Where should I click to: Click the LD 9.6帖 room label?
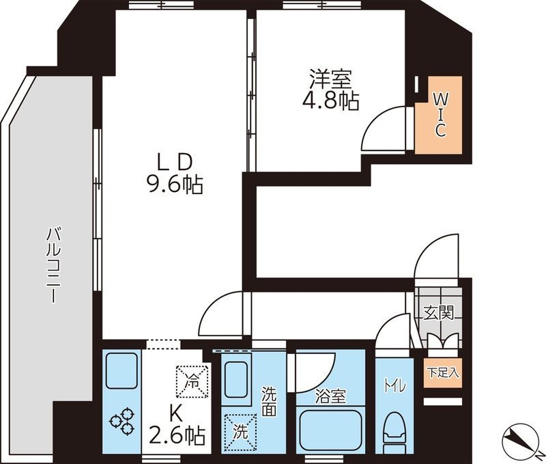[175, 174]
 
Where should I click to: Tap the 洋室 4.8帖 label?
[330, 90]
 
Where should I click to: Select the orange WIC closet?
[439, 115]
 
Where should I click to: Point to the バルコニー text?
[53, 265]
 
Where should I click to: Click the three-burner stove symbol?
[122, 420]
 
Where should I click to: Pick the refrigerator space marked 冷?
[192, 381]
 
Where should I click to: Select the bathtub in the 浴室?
[330, 430]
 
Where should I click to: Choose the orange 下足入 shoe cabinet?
[443, 372]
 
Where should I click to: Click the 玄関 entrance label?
[439, 313]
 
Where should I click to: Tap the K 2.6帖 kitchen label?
[177, 426]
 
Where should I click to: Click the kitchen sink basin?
[121, 370]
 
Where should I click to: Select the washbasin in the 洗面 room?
[236, 380]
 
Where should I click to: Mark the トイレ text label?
[394, 386]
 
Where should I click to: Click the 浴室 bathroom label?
[330, 396]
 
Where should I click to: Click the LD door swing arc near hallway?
[213, 307]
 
